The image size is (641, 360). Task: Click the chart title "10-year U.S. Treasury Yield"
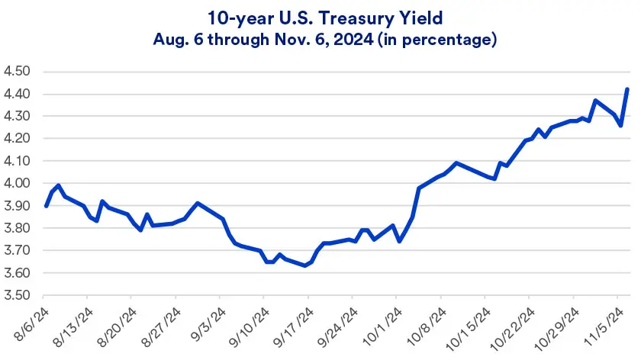click(320, 16)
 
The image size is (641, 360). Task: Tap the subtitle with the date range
click(320, 39)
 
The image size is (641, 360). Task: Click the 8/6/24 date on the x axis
click(28, 323)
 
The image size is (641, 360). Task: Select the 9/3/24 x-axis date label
click(205, 323)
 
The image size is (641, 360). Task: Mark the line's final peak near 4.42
click(627, 89)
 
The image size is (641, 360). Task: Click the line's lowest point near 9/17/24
click(305, 265)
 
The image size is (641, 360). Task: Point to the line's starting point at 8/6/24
click(46, 206)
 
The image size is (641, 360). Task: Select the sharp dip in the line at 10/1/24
click(399, 241)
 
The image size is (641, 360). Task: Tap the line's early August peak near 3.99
click(59, 185)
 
